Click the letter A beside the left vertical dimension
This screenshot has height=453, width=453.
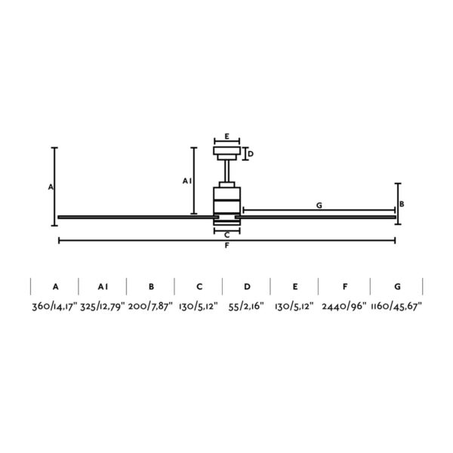point(50,186)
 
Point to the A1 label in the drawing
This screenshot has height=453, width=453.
point(186,181)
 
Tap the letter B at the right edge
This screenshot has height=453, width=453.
point(402,204)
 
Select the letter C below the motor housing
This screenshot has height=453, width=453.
point(226,235)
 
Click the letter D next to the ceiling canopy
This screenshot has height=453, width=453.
point(251,154)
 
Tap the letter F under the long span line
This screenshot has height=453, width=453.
point(226,248)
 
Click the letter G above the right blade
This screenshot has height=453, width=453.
point(319,205)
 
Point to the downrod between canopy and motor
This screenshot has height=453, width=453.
point(226,172)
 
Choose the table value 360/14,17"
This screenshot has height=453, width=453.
point(54,307)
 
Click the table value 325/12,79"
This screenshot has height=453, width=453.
point(103,307)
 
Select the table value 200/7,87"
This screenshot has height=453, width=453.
point(151,307)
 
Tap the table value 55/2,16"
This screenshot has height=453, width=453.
point(247,307)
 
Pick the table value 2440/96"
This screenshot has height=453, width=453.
point(344,307)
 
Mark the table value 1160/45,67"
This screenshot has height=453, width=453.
point(397,307)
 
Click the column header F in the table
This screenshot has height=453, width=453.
point(344,287)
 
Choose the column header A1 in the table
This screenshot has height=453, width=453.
point(103,287)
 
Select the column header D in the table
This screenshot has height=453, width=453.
point(247,287)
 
